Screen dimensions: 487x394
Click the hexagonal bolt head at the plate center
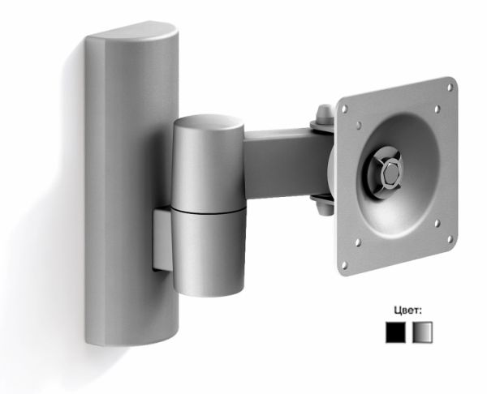click(x=390, y=174)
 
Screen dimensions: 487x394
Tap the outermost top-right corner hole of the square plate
click(x=450, y=88)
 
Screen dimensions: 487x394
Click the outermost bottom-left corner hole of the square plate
click(x=344, y=265)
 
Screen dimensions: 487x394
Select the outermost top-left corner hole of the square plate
click(x=344, y=109)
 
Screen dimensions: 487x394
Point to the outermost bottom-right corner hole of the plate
click(x=450, y=239)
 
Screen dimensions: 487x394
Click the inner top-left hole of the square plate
click(x=359, y=125)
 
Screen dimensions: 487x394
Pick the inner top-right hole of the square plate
click(x=437, y=109)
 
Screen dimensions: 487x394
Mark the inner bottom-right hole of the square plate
click(x=437, y=223)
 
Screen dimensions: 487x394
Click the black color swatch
click(x=395, y=332)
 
